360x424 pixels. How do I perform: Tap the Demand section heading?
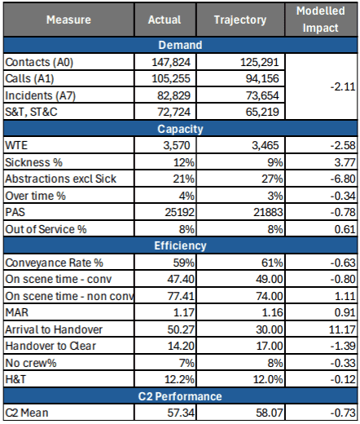click(x=179, y=46)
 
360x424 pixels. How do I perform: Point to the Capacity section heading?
click(x=179, y=128)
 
